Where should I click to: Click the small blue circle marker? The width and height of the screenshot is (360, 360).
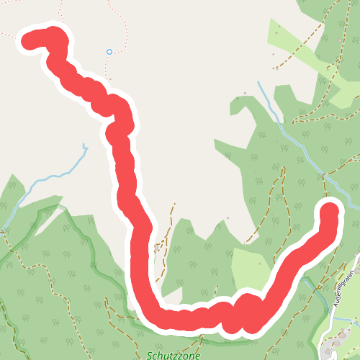[x=109, y=52]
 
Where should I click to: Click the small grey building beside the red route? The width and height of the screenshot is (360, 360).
[x=156, y=248]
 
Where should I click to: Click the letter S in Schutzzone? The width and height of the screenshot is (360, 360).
[x=150, y=355]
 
